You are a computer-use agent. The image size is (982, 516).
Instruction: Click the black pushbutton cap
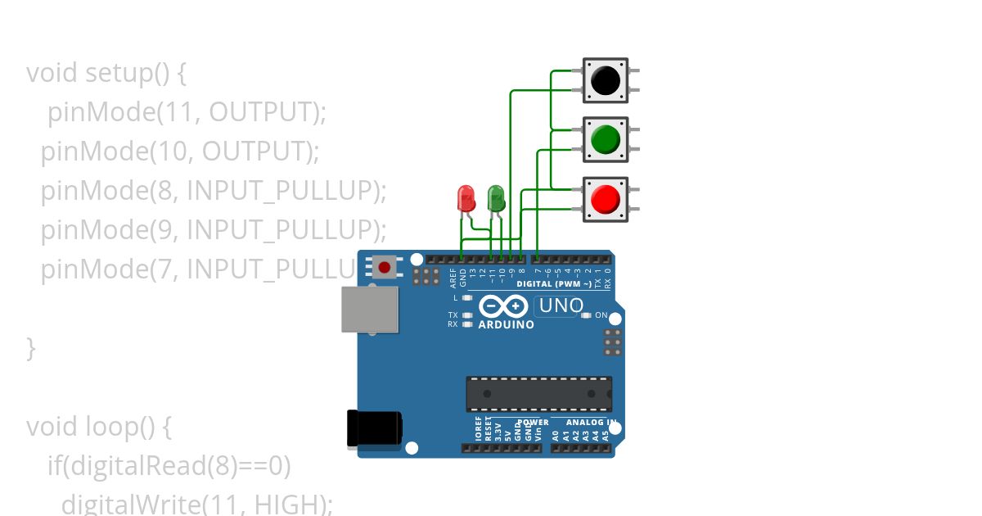coord(606,80)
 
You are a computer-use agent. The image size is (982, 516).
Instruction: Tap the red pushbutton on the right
coord(606,199)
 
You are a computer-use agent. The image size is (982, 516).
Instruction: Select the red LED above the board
coord(466,198)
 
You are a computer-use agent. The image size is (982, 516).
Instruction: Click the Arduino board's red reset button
coord(384,266)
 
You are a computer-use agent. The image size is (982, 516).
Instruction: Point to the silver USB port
coord(370,309)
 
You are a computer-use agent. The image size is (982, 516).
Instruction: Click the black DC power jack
coord(375,428)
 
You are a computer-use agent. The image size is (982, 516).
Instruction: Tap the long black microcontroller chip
coord(539,394)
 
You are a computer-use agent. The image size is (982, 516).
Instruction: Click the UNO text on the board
coord(560,306)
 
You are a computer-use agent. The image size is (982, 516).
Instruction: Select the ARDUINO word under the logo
coord(506,324)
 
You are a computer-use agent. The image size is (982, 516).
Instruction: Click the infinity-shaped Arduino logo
coord(502,306)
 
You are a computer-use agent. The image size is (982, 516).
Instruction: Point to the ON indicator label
coord(601,315)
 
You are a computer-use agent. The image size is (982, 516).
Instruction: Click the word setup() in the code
coord(127,73)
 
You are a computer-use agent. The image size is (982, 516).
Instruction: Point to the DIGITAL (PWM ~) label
coord(554,284)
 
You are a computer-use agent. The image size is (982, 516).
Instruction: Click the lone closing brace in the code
coord(31,347)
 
